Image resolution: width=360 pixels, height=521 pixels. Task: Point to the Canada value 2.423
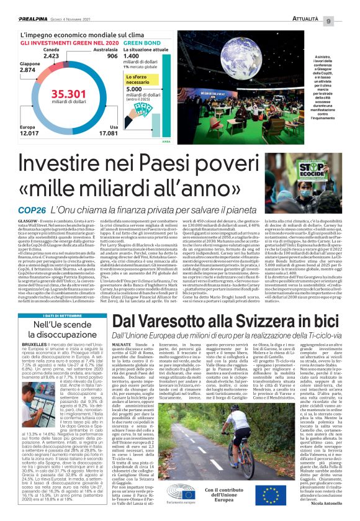(52, 55)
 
